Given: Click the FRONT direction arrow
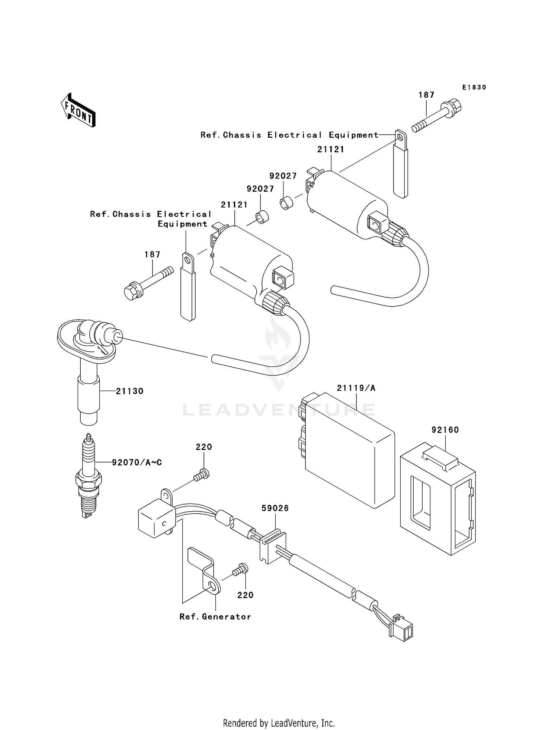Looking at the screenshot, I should [78, 110].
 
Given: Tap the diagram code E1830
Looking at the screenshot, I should [474, 87].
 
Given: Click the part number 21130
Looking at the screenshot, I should [129, 391].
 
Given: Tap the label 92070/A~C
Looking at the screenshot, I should [137, 462].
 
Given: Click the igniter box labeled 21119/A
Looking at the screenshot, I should [350, 450].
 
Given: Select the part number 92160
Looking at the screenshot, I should [445, 430].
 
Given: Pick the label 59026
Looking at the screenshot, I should [275, 508].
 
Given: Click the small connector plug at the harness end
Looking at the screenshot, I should [402, 630].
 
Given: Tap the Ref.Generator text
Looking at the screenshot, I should [215, 617].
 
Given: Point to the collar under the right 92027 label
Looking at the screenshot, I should [286, 204].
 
